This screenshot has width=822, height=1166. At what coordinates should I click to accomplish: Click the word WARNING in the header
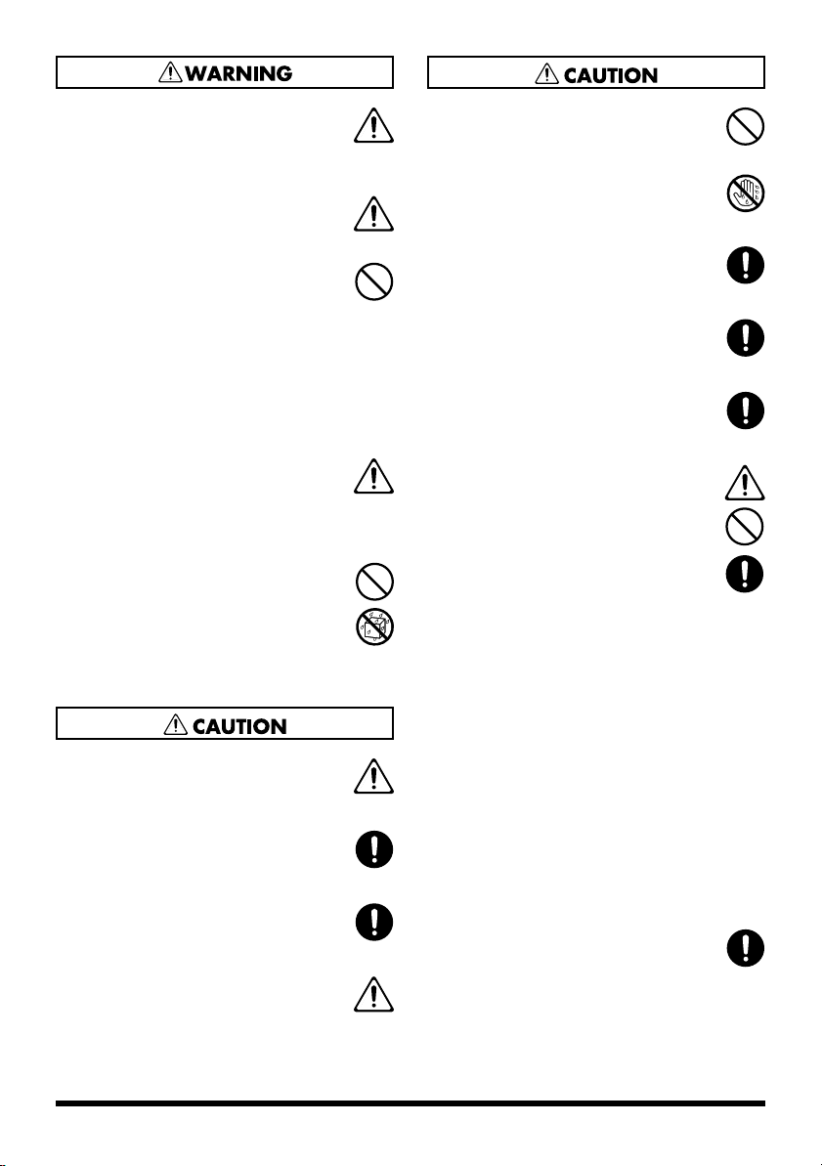(241, 73)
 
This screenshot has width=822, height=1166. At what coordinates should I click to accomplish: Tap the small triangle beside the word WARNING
(176, 72)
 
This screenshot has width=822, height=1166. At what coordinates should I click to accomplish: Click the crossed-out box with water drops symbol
(374, 626)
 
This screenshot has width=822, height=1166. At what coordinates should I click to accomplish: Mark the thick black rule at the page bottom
(411, 1105)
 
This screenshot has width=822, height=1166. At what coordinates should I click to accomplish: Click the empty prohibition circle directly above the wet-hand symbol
(745, 127)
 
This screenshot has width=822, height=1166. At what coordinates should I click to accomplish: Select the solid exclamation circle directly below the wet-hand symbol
(745, 266)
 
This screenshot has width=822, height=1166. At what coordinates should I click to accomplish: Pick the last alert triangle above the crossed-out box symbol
(374, 477)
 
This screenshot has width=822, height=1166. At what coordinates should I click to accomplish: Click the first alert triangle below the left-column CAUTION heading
(374, 776)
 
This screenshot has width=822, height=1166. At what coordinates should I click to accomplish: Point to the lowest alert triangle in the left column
(374, 995)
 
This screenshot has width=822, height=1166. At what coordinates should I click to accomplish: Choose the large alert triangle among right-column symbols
(745, 482)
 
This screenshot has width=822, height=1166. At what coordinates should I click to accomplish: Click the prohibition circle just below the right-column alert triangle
(745, 528)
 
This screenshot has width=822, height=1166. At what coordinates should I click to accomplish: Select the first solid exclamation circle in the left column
(374, 848)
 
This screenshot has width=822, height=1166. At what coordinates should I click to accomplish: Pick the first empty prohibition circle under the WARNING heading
(374, 282)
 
